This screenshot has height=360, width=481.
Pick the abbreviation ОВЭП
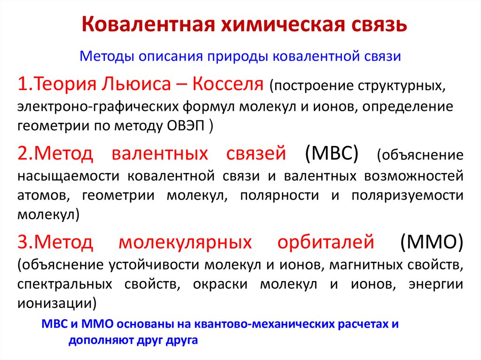[x=190, y=126]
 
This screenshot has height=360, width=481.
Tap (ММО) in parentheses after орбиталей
[x=433, y=243]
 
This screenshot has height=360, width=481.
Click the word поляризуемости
[x=407, y=195]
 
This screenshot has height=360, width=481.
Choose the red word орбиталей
[x=326, y=243]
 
